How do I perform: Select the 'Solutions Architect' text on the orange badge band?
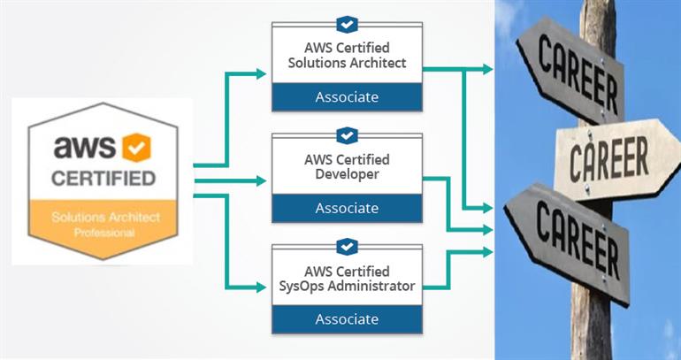pyautogui.click(x=103, y=217)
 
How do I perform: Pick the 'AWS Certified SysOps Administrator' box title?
pyautogui.click(x=347, y=278)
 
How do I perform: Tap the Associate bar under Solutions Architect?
pyautogui.click(x=347, y=96)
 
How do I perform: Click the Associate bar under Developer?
pyautogui.click(x=347, y=208)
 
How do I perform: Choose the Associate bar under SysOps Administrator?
pyautogui.click(x=347, y=318)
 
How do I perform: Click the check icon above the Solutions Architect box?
pyautogui.click(x=347, y=24)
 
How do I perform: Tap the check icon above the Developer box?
pyautogui.click(x=347, y=134)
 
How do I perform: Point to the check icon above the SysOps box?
pyautogui.click(x=347, y=245)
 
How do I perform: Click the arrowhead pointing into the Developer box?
pyautogui.click(x=262, y=180)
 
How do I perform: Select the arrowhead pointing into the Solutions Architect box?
pyautogui.click(x=262, y=74)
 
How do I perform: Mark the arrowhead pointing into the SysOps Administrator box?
pyautogui.click(x=262, y=287)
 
